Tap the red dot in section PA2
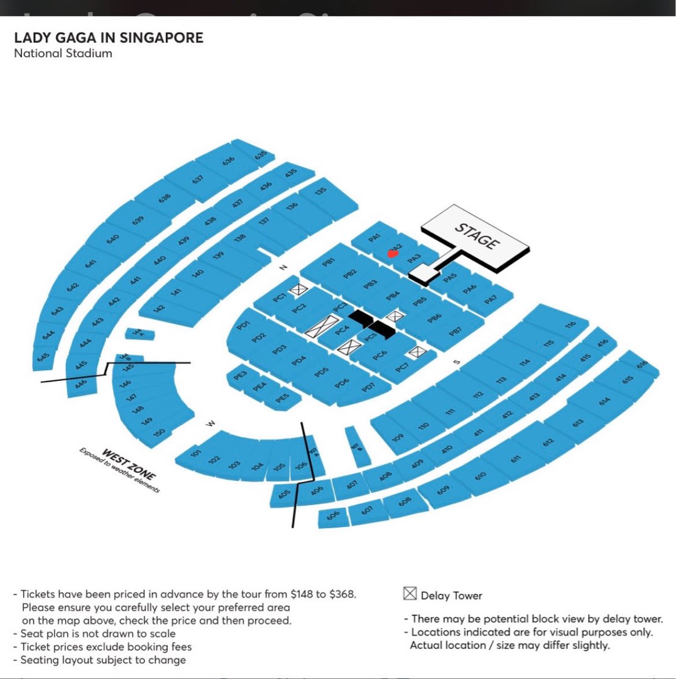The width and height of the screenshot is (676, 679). pos(393,253)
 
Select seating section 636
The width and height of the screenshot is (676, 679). pos(229,160)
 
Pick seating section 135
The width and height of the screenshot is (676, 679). pos(320,190)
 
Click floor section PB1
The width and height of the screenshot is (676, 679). pos(328,263)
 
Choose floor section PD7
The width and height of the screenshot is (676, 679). pos(368,387)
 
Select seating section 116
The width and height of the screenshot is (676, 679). pos(570,325)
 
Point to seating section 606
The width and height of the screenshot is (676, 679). pos(333,516)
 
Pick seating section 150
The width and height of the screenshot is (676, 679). pos(160,432)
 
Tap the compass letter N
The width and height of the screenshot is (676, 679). pos(283,268)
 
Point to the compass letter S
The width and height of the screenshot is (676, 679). pos(457,362)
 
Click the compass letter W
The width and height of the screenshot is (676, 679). pos(211,424)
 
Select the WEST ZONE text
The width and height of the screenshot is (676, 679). pos(128,464)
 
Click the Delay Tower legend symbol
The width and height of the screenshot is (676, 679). pos(410,594)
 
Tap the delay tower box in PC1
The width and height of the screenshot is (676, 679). pos(298,289)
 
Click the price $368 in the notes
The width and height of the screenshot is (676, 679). pos(341,593)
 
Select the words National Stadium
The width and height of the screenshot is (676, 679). pos(63,53)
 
